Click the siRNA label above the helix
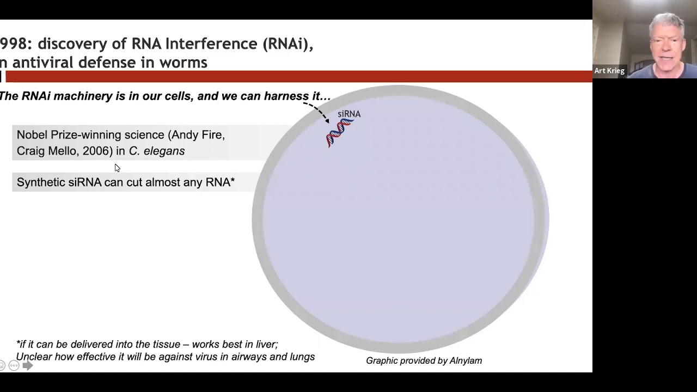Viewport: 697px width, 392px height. pos(349,114)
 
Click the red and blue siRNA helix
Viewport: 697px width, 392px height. pos(340,133)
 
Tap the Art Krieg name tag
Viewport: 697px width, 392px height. pos(609,71)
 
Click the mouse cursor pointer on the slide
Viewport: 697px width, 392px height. pos(117,168)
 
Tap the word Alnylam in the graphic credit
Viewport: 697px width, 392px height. pos(466,360)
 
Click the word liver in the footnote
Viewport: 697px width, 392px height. pos(269,345)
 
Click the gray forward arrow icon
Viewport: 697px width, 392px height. pos(28,365)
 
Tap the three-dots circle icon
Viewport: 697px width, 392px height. pos(14,365)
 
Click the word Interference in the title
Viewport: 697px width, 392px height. pos(212,44)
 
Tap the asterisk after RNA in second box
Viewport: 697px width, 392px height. pos(233,180)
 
